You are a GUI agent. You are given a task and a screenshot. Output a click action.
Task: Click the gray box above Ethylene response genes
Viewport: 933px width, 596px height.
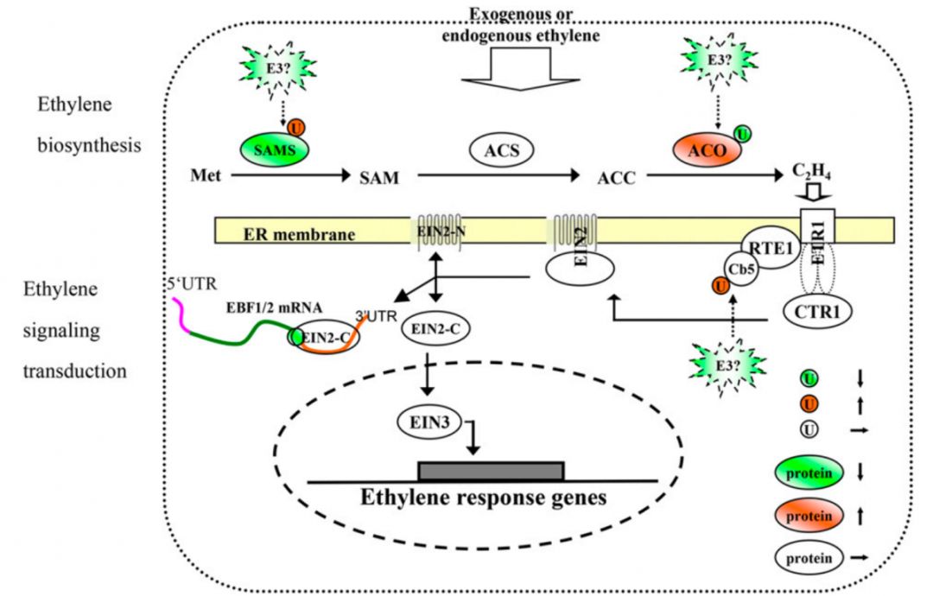pyautogui.click(x=491, y=470)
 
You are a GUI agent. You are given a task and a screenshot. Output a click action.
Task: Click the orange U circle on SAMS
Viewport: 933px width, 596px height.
pyautogui.click(x=295, y=129)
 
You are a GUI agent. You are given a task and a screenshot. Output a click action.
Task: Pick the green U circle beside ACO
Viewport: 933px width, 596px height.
pyautogui.click(x=742, y=133)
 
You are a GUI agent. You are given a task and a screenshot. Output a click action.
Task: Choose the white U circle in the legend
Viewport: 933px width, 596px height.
pyautogui.click(x=811, y=428)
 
